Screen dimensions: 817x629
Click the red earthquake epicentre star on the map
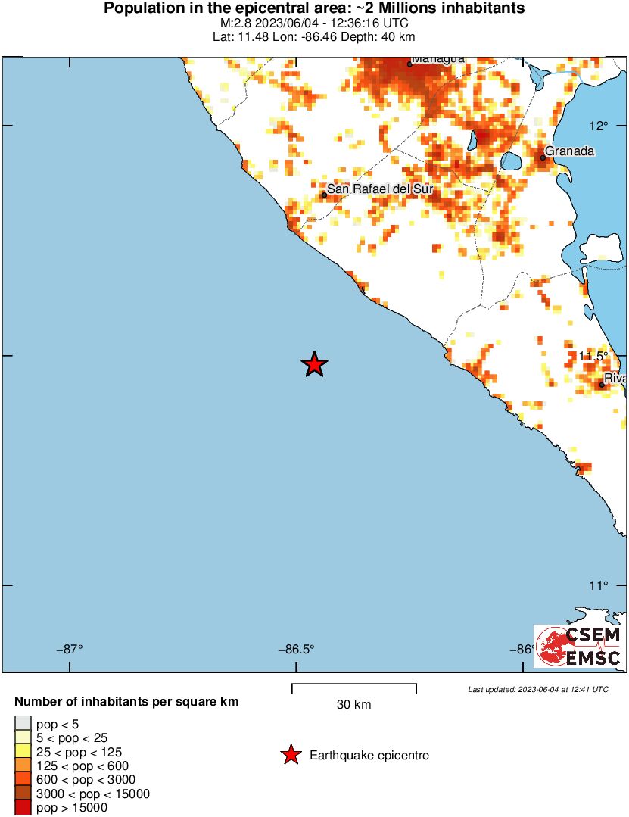point(315,364)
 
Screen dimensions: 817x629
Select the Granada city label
point(569,151)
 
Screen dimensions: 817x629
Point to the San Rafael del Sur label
point(379,189)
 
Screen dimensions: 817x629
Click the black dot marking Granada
point(543,157)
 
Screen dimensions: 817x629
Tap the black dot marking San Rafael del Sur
point(324,195)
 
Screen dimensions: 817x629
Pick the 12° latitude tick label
point(599,125)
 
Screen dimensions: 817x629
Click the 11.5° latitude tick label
point(593,356)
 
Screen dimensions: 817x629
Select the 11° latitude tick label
point(599,585)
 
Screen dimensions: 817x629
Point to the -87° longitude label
point(70,649)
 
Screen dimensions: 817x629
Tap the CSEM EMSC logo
point(579,646)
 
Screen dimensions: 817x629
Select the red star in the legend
point(290,755)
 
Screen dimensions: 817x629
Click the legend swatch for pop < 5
point(23,725)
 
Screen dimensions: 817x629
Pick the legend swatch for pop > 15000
point(23,808)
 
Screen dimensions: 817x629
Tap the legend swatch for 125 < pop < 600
point(23,766)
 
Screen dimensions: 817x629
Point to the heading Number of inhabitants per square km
point(126,702)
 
